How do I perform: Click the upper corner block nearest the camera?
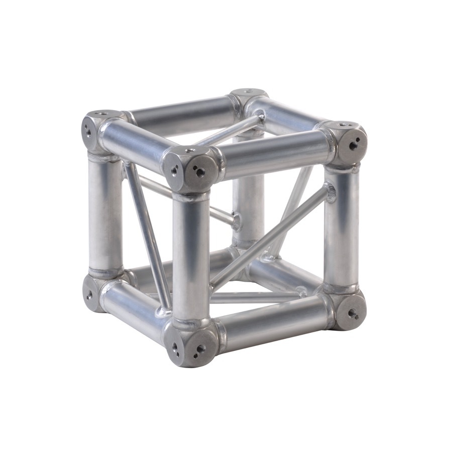[x=191, y=169]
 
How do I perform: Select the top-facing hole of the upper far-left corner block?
[x=102, y=114]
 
